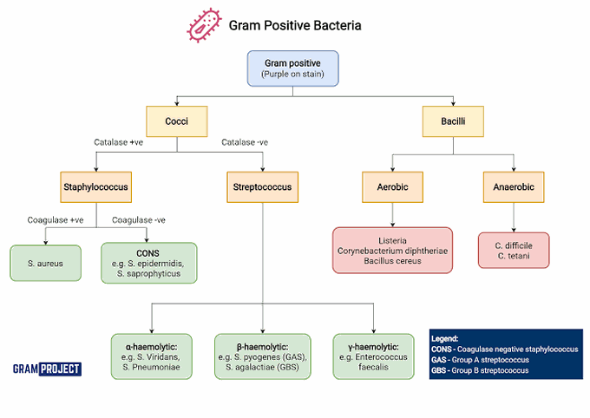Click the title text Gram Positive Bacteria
pyautogui.click(x=295, y=26)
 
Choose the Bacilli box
pyautogui.click(x=452, y=121)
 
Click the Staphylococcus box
pyautogui.click(x=96, y=186)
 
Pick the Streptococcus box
pyautogui.click(x=262, y=186)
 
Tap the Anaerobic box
pyautogui.click(x=514, y=186)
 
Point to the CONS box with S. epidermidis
pyautogui.click(x=149, y=263)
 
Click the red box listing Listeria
pyautogui.click(x=393, y=249)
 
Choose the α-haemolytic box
pyautogui.click(x=152, y=356)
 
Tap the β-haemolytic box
pyautogui.click(x=262, y=356)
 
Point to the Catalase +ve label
pyautogui.click(x=118, y=142)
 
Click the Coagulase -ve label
pyautogui.click(x=139, y=220)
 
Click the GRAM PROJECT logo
pyautogui.click(x=48, y=369)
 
